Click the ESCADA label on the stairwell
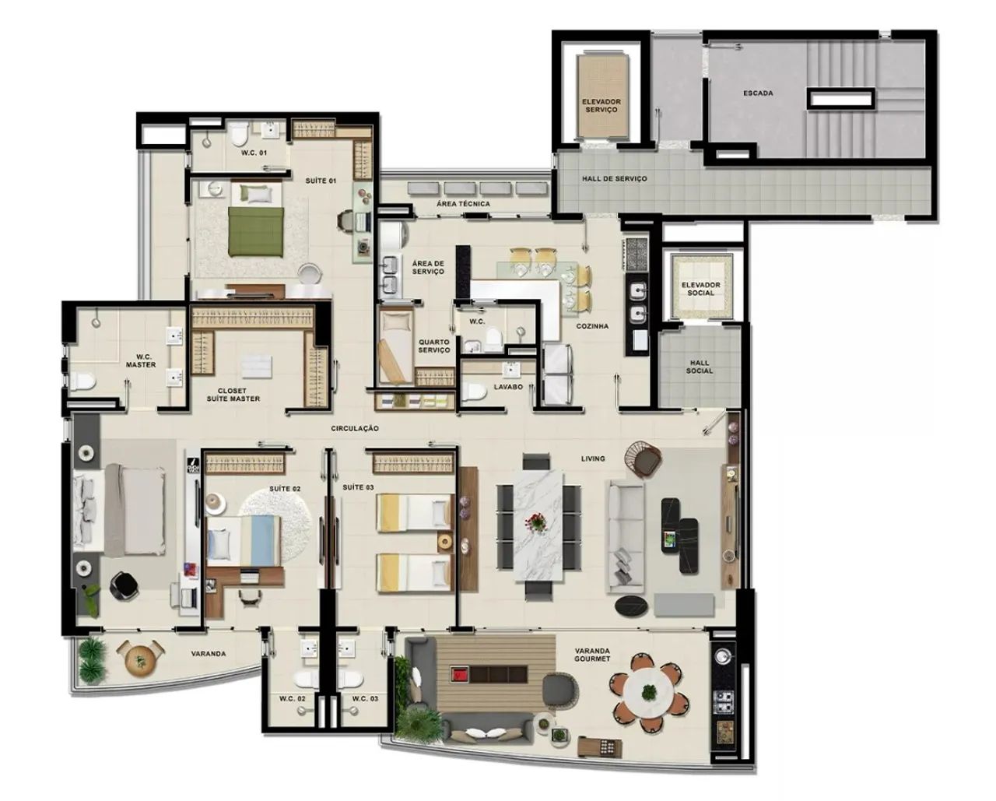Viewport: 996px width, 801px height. coord(758,93)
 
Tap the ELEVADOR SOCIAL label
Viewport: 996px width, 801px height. coord(701,289)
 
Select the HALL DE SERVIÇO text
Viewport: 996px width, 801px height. coord(615,179)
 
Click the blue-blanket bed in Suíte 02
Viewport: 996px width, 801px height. coord(244,541)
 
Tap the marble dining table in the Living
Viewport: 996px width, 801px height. coord(538,525)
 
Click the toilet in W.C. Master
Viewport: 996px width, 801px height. coord(82,381)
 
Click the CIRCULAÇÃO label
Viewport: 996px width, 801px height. coord(355,429)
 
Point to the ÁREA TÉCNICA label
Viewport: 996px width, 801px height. coord(463,204)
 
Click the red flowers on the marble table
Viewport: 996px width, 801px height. coord(536,523)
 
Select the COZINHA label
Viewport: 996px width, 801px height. coord(592,326)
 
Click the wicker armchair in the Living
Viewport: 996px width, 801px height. coord(644,458)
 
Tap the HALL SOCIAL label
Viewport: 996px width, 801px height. coord(700,367)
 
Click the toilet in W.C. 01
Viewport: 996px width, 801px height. coord(239,132)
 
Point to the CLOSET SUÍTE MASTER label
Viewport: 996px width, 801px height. coord(233,395)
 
